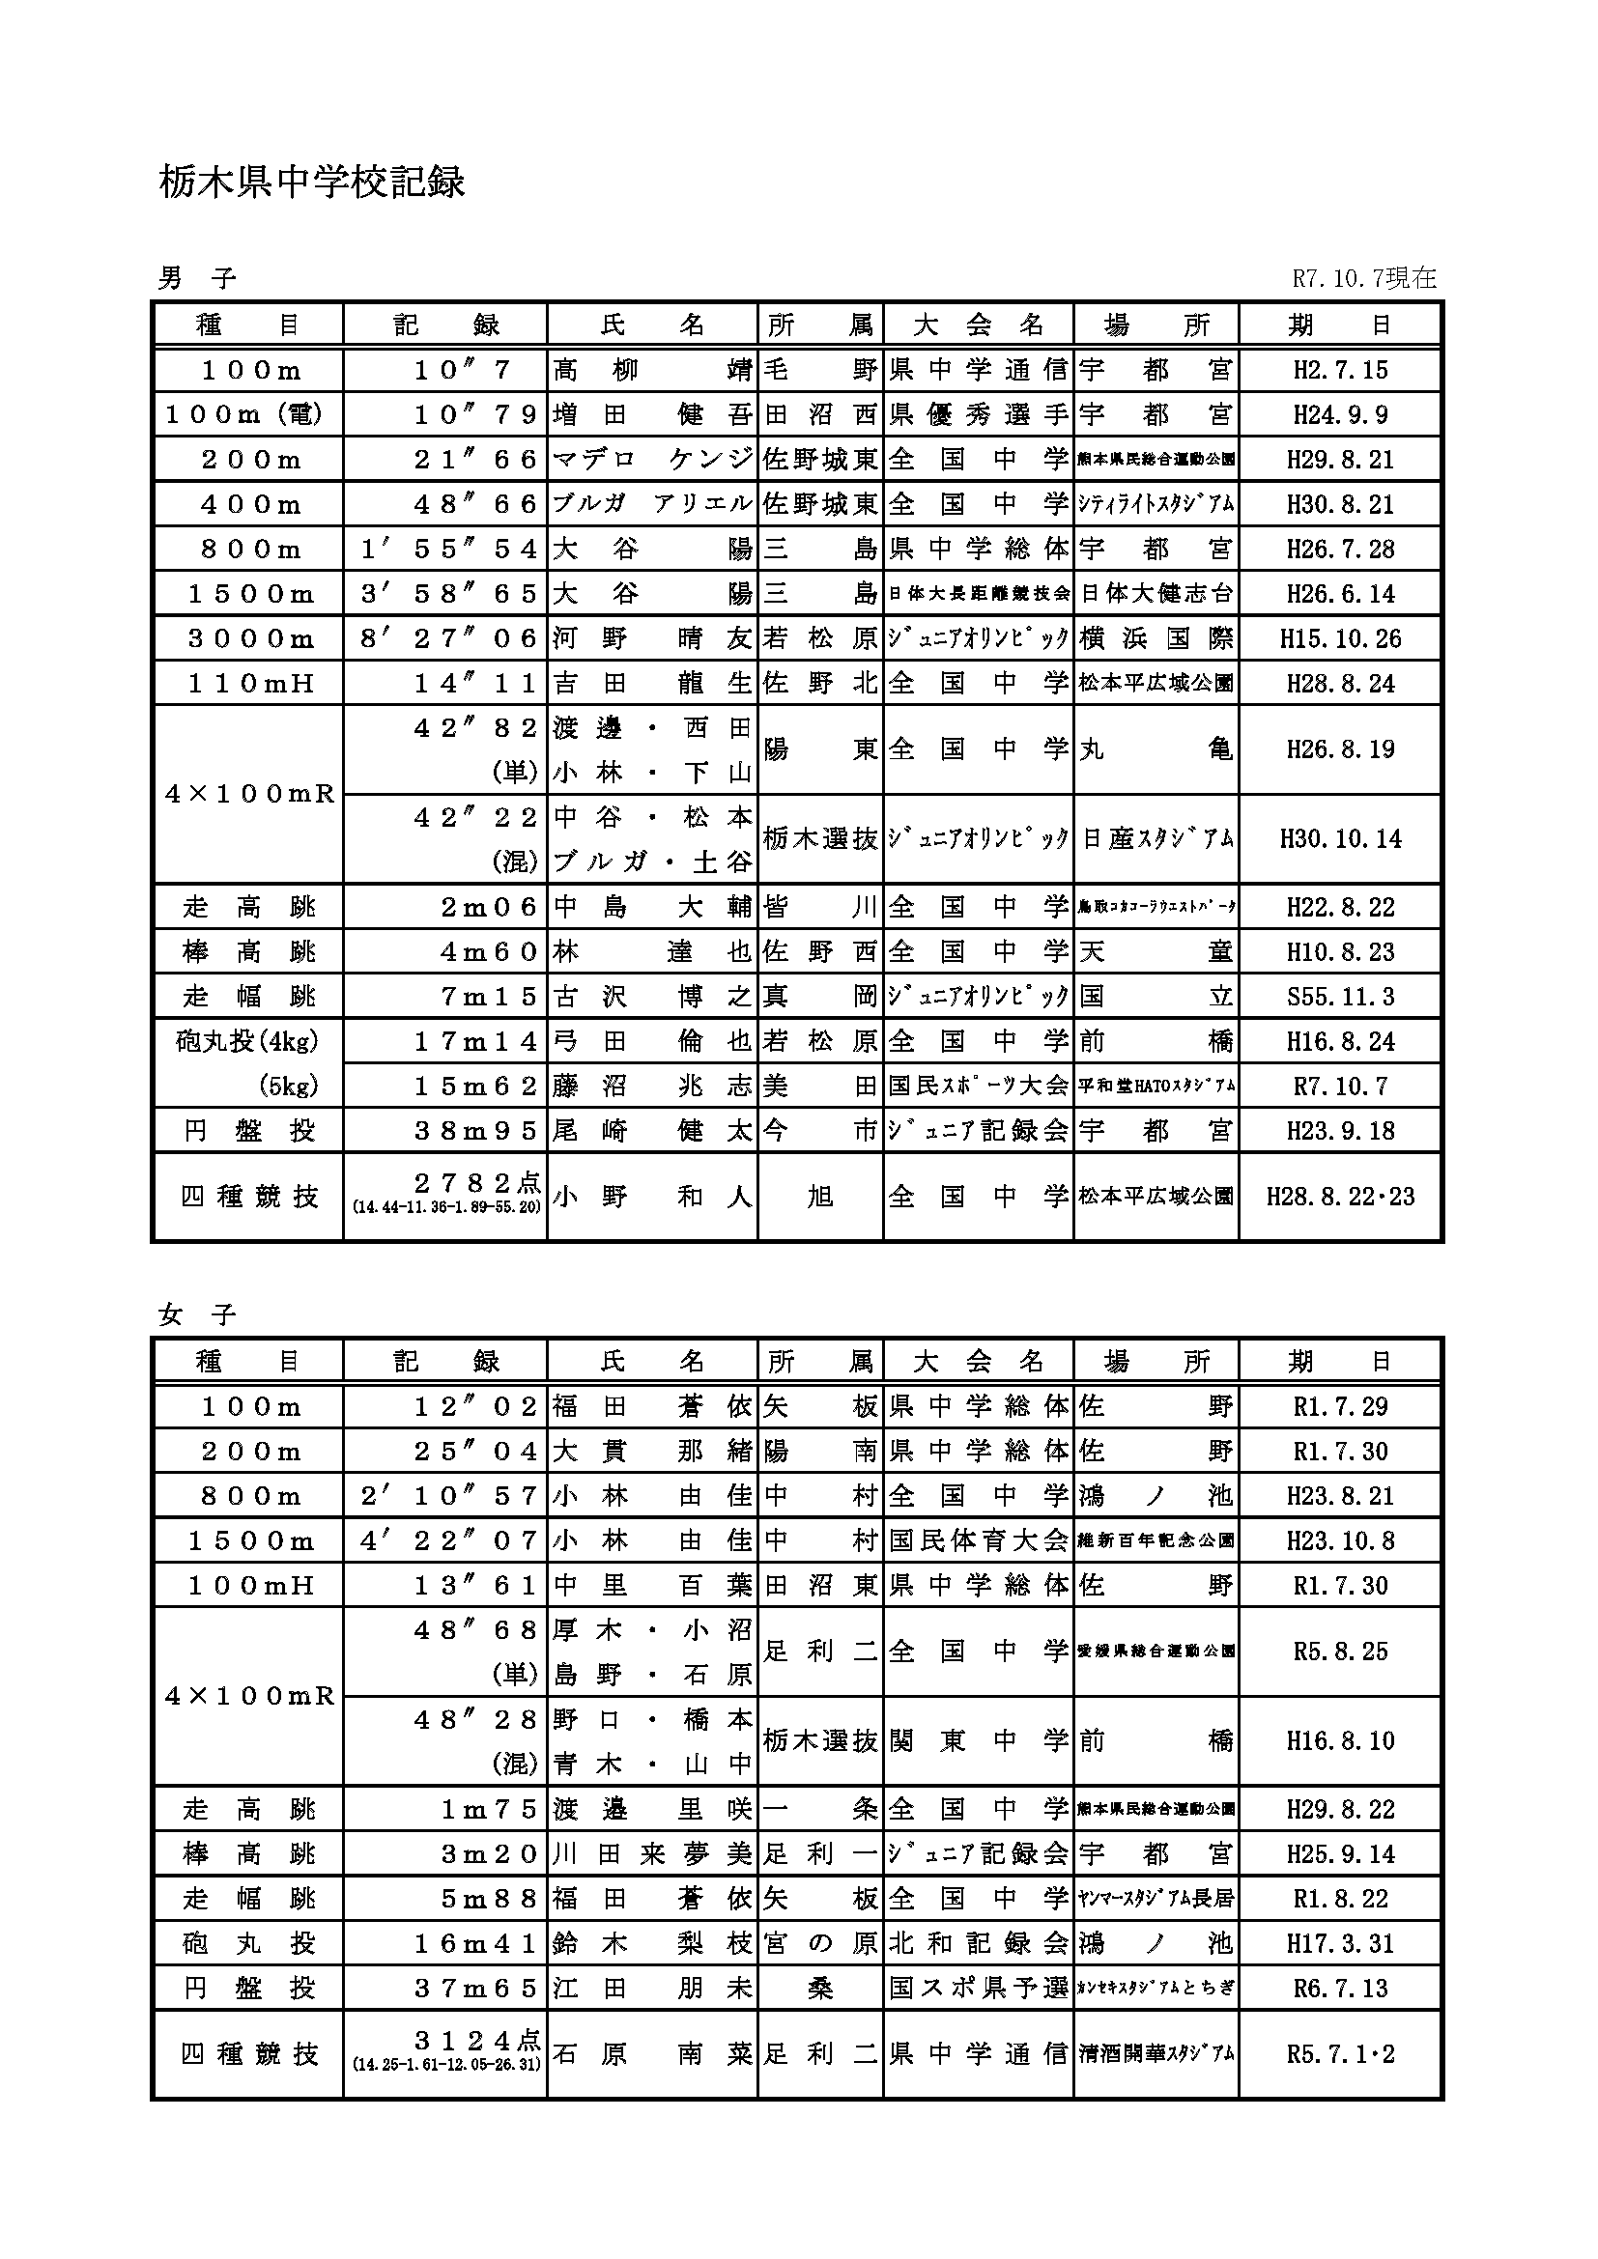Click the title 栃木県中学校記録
[311, 182]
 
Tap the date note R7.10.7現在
[1364, 278]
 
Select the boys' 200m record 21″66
[475, 460]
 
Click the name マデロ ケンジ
[652, 460]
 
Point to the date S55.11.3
[1340, 997]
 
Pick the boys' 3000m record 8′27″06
[448, 638]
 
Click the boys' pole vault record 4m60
[489, 951]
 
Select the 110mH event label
[250, 684]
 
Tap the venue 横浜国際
[1156, 638]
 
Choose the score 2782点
[477, 1184]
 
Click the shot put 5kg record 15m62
[475, 1087]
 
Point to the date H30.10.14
[1340, 839]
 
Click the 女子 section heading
[198, 1314]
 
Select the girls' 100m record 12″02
[475, 1407]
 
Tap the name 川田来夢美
[652, 1854]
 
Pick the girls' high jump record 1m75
[489, 1809]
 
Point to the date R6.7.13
[1340, 1989]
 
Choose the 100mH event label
[250, 1586]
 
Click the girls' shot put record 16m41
[475, 1944]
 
